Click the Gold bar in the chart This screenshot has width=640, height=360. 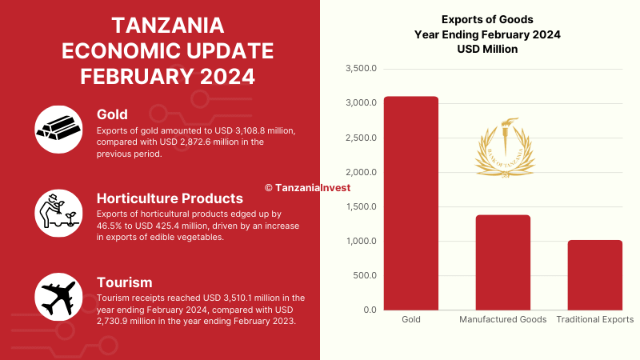pyautogui.click(x=410, y=203)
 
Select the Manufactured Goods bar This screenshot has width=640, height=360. pyautogui.click(x=503, y=262)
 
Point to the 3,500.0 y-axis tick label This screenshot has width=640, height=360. pyautogui.click(x=361, y=69)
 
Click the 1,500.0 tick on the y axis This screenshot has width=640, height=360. pyautogui.click(x=361, y=207)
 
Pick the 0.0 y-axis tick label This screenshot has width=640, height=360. pyautogui.click(x=368, y=310)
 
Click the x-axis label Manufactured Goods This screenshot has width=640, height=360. pyautogui.click(x=503, y=319)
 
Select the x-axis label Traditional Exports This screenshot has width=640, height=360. pyautogui.click(x=595, y=319)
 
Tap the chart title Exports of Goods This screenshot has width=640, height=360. pyautogui.click(x=487, y=19)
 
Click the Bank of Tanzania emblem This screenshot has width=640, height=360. pyautogui.click(x=503, y=146)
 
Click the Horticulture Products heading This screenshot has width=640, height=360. pyautogui.click(x=170, y=198)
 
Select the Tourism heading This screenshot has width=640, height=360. pyautogui.click(x=124, y=282)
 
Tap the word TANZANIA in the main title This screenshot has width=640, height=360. pyautogui.click(x=167, y=25)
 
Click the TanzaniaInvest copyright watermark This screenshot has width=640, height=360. pyautogui.click(x=307, y=188)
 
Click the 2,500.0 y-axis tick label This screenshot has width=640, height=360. pyautogui.click(x=361, y=138)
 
